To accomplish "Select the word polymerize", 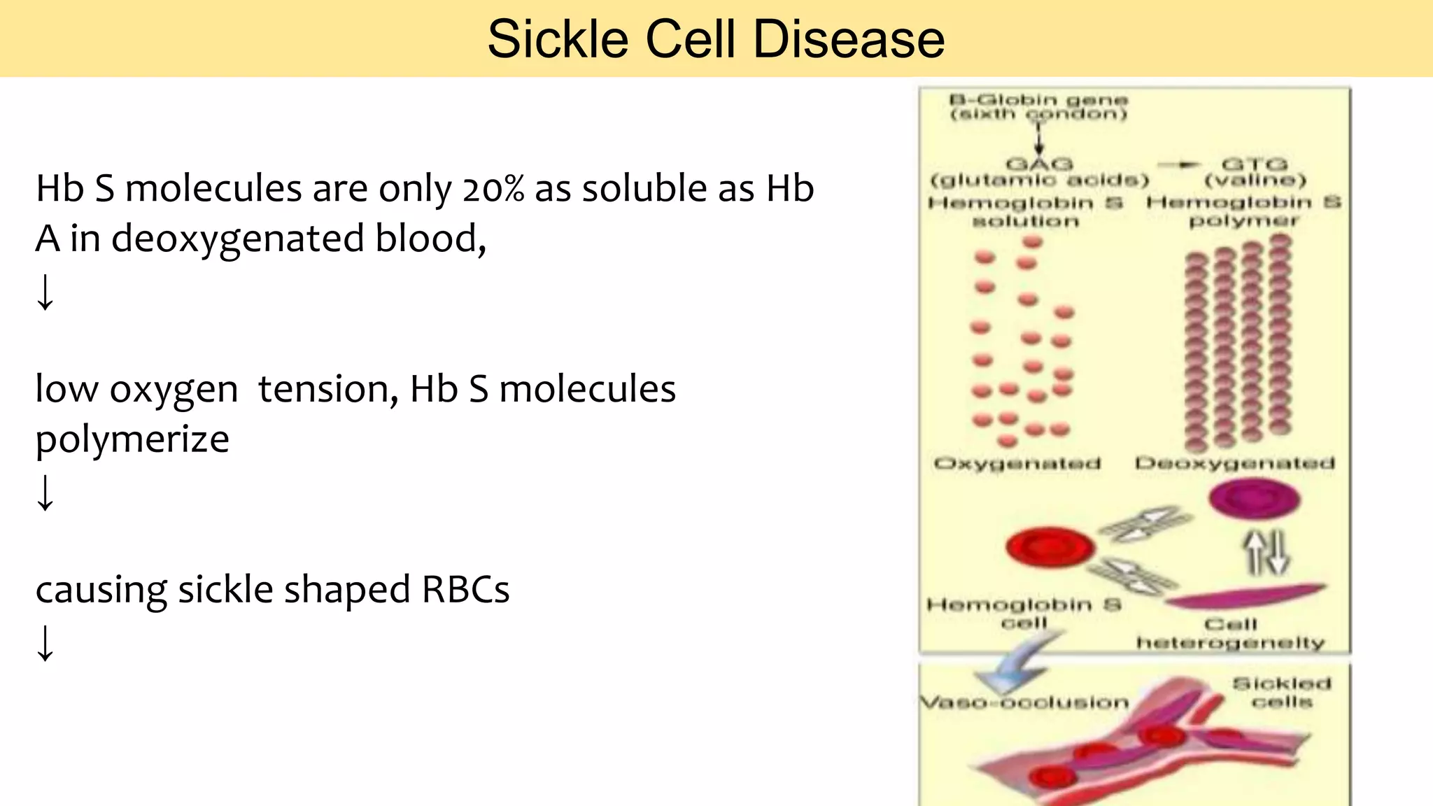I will [132, 439].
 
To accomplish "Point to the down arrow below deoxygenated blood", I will [45, 292].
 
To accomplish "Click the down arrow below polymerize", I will [45, 493].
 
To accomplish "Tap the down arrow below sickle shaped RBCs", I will [45, 642].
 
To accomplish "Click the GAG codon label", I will [1038, 164].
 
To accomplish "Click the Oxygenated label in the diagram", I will [1017, 463].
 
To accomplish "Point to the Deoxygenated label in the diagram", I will [1235, 463].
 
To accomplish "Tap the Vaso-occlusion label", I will [1024, 702].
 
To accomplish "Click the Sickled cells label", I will [1281, 692].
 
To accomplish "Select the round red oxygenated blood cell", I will [1050, 546].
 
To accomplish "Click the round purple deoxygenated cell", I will [1255, 500].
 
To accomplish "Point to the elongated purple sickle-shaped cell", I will [1245, 596].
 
